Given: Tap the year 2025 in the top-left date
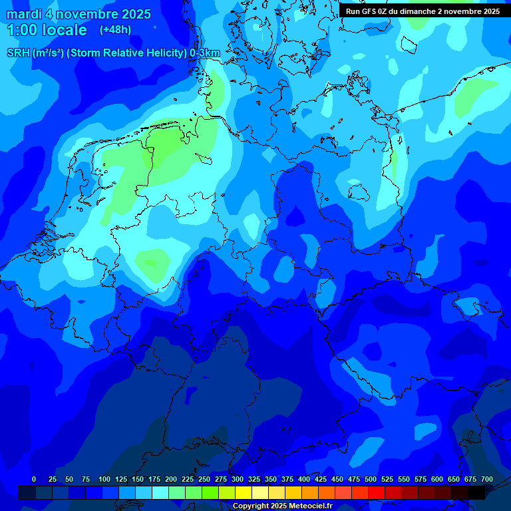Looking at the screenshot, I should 132,14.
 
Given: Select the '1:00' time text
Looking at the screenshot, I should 21,30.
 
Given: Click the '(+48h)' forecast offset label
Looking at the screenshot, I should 115,29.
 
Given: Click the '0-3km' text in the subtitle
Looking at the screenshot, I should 205,53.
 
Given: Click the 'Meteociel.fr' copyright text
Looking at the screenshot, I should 310,506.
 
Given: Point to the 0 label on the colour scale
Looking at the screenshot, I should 34,479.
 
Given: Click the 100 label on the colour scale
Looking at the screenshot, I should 104,479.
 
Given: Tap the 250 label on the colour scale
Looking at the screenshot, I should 204,479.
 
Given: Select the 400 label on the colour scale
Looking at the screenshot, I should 304,479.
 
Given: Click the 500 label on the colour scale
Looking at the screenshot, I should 371,479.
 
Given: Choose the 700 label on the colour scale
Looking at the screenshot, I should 487,479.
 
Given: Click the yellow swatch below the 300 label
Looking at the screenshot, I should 244,492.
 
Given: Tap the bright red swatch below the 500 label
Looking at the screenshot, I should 377,492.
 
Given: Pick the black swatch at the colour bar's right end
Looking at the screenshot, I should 476,492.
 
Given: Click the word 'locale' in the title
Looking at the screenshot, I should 64,30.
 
